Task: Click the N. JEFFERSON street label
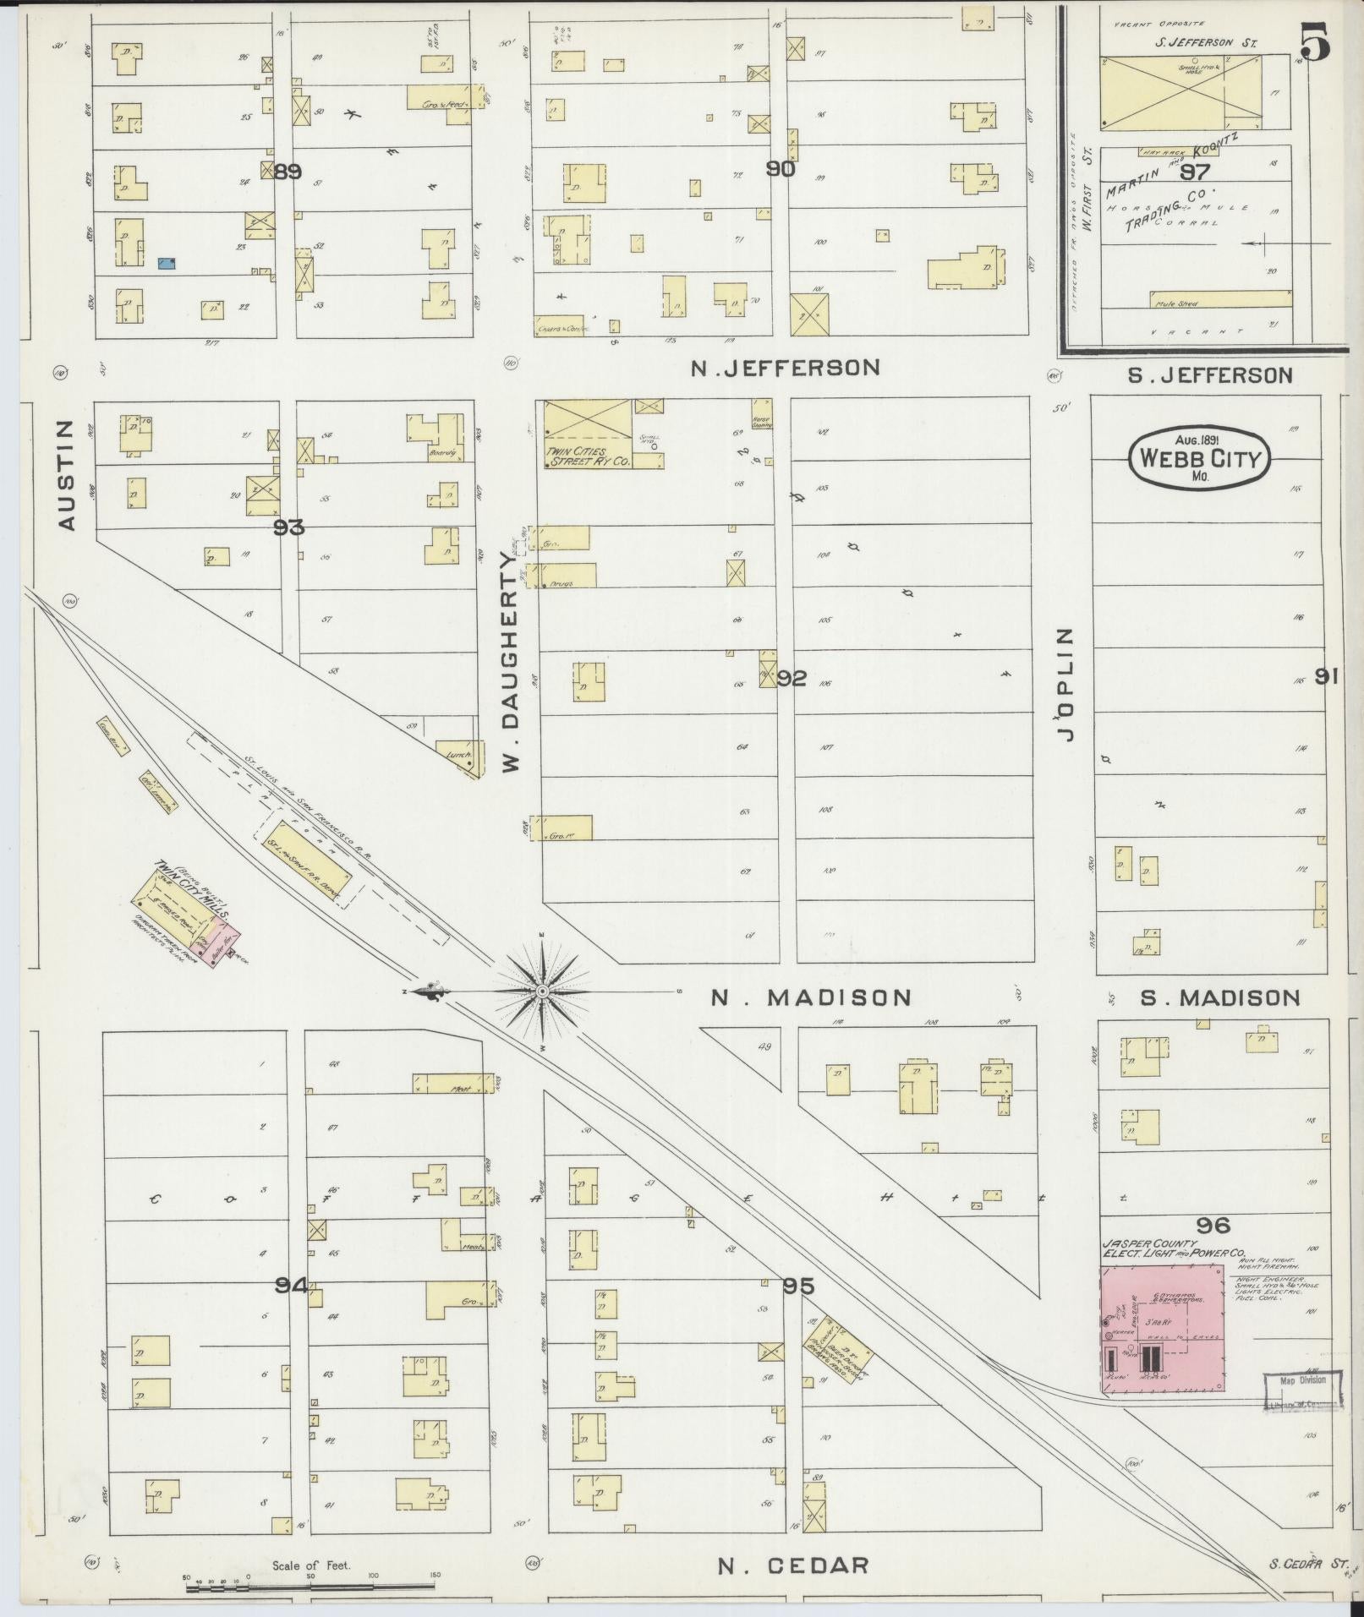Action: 785,368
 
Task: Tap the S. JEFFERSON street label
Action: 1210,374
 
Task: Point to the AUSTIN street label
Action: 68,475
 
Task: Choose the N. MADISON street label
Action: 810,997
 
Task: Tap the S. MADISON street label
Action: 1219,998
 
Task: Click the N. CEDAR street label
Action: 793,1565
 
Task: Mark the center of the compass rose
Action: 542,990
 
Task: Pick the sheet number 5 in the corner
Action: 1315,42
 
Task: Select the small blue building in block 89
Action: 167,264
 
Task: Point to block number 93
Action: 288,527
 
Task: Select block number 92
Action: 792,678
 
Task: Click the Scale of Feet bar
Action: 311,1579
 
